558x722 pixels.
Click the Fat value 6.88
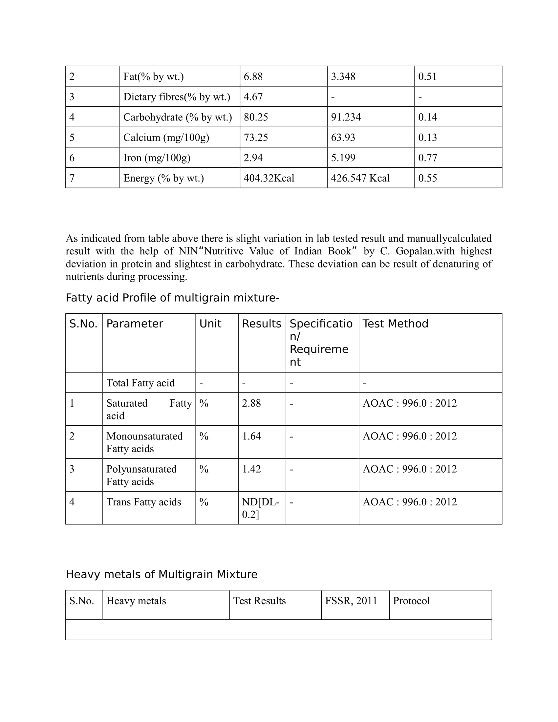click(253, 76)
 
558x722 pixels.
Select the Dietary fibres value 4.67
click(253, 97)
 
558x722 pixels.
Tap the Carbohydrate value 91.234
click(346, 117)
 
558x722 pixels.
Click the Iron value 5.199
click(343, 158)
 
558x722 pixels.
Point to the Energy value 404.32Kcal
click(269, 178)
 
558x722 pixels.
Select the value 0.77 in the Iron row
click(427, 158)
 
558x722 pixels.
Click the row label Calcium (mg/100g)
click(166, 138)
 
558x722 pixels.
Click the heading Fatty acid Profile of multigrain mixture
click(172, 298)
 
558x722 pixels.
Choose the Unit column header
click(210, 324)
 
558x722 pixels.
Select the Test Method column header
click(395, 324)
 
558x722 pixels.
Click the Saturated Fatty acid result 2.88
click(251, 403)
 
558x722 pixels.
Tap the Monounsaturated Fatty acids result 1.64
click(251, 436)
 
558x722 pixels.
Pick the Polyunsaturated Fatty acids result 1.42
click(251, 469)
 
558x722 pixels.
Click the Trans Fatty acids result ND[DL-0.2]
click(261, 508)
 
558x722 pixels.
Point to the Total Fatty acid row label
click(140, 383)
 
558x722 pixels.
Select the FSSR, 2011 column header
click(351, 601)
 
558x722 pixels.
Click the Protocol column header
click(411, 601)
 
